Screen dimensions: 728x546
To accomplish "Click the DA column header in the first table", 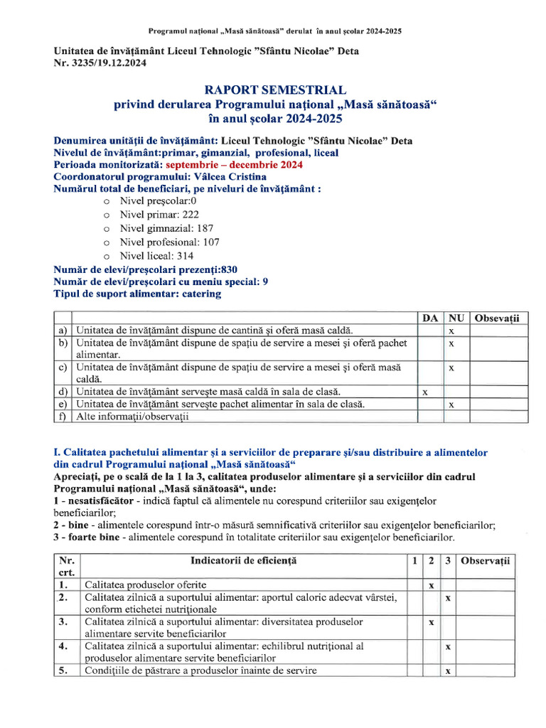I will point(429,318).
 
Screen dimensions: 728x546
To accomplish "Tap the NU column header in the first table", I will point(452,318).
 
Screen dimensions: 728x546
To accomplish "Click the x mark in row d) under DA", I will point(425,392).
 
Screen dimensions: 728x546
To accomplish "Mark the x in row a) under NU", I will point(451,331).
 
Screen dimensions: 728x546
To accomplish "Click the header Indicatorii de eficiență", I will point(244,561).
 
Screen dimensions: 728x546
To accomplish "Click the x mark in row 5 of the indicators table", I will point(448,670).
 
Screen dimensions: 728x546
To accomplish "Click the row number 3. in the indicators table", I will point(63,621).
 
